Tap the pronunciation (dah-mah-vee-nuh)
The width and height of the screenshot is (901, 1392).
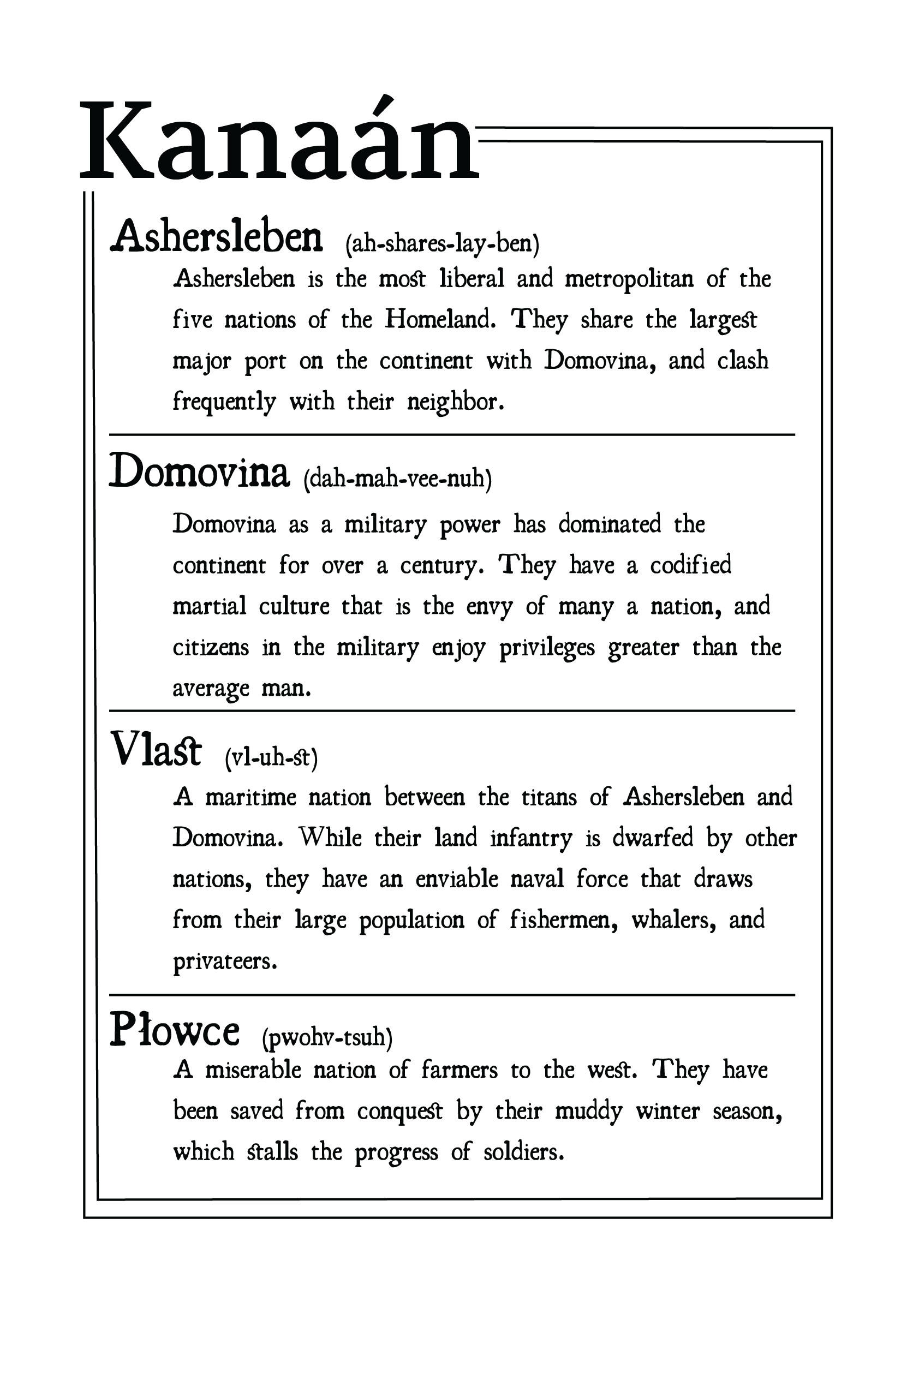point(398,479)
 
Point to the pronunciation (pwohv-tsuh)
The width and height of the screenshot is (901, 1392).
point(327,1037)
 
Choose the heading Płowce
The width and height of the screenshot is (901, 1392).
point(174,1031)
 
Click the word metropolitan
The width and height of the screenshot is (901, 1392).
point(629,279)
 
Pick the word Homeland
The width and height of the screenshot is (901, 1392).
point(439,319)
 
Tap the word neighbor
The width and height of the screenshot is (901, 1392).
point(455,402)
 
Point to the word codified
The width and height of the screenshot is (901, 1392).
point(690,565)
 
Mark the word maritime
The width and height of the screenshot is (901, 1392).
point(250,797)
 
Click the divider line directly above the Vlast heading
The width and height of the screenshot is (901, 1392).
point(452,710)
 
